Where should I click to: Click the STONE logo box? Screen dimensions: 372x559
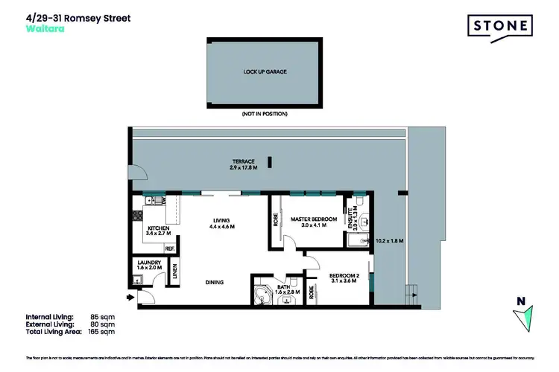point(502,27)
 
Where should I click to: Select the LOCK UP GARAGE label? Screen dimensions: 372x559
point(265,72)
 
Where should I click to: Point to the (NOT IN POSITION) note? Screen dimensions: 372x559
point(265,114)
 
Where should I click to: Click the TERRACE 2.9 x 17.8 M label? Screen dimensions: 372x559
point(243,164)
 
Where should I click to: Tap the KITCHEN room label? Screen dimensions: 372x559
point(159,231)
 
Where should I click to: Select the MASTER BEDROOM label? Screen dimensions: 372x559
point(309,222)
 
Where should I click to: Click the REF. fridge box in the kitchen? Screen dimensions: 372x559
point(170,248)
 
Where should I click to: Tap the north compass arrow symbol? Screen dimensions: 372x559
point(524,318)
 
